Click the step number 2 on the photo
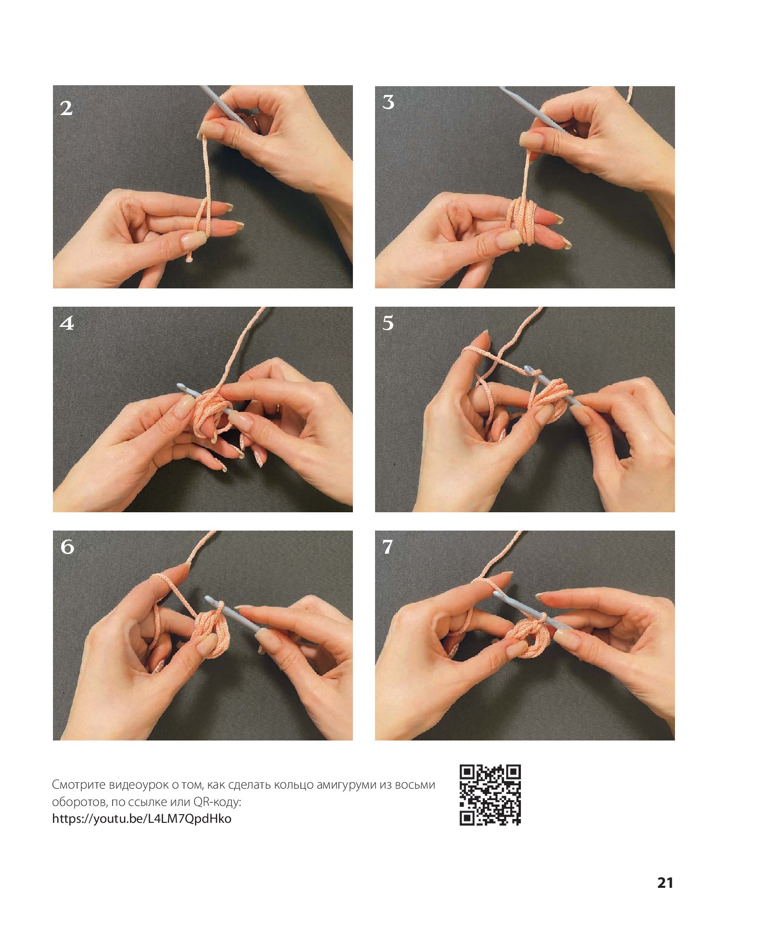[66, 108]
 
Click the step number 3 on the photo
[388, 102]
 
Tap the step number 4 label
[67, 323]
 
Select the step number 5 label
[388, 323]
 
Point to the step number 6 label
[67, 546]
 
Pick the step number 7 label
[388, 546]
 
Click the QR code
[490, 795]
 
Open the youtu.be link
[142, 818]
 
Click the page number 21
[665, 882]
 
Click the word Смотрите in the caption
[78, 785]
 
